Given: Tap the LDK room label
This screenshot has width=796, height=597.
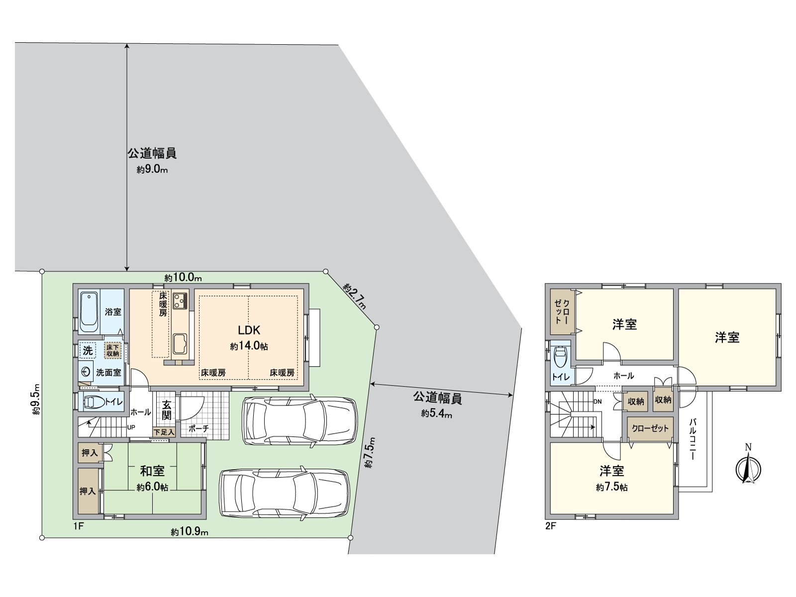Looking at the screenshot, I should (249, 330).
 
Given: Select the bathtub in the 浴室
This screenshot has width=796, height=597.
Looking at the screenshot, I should (89, 312).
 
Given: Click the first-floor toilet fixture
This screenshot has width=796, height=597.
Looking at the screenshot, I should (94, 402).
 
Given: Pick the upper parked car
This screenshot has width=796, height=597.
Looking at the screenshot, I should (299, 420).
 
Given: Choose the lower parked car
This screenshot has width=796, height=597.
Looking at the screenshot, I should (284, 494).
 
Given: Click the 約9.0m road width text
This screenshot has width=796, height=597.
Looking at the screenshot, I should (152, 170).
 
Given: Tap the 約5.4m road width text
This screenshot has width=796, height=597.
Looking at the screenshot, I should (436, 413).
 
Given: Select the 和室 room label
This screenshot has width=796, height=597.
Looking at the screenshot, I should (152, 470).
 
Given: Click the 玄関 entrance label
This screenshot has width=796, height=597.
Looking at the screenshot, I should (166, 409).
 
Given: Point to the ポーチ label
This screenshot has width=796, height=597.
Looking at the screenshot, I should (199, 428).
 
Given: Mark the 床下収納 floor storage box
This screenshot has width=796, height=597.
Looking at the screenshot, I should (113, 350).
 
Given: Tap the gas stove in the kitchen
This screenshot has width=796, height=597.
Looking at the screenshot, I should (180, 300).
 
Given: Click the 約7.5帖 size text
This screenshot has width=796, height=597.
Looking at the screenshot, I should (611, 488).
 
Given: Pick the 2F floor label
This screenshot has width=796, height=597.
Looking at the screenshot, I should (550, 526).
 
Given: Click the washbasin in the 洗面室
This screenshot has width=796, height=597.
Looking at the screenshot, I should (86, 372).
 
